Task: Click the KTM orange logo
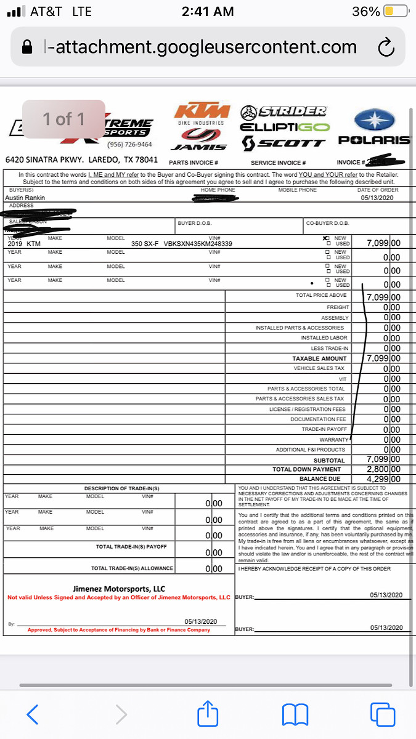[202, 111]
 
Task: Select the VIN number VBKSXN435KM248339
[198, 244]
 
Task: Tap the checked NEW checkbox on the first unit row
[326, 238]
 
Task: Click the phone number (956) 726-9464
[129, 145]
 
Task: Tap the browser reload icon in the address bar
[386, 47]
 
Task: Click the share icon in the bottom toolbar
[208, 714]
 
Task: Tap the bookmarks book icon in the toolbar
[295, 714]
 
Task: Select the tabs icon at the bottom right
[382, 714]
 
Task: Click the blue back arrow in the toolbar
[33, 714]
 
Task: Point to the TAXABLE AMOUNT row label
[320, 358]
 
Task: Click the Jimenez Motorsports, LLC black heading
[118, 589]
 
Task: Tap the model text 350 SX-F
[145, 244]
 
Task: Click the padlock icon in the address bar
[27, 47]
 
